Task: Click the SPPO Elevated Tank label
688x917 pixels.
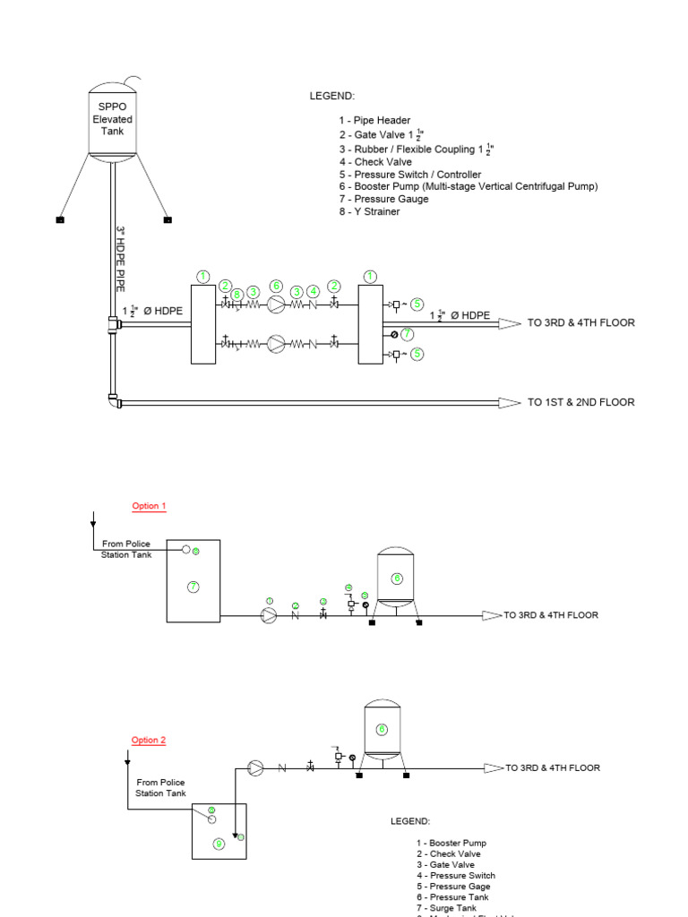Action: [x=112, y=119]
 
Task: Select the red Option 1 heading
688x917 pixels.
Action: [x=149, y=506]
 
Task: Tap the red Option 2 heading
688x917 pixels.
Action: [x=149, y=741]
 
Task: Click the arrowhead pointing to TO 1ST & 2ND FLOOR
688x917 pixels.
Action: [x=510, y=403]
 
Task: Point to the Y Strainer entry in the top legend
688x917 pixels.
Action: [x=369, y=211]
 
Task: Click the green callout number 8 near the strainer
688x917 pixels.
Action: [x=237, y=294]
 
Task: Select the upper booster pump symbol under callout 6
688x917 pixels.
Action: [x=276, y=304]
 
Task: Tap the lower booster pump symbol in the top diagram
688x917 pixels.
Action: [x=276, y=343]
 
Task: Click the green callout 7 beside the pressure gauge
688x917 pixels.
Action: [x=408, y=334]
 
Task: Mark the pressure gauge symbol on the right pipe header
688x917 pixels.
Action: [x=395, y=334]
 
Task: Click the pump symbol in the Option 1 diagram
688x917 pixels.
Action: [x=269, y=615]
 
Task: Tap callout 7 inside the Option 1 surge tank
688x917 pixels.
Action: [x=193, y=587]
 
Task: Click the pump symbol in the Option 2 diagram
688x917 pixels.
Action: [x=255, y=767]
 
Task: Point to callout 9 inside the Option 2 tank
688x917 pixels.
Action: [x=218, y=844]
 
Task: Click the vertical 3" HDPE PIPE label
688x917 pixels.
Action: [x=120, y=259]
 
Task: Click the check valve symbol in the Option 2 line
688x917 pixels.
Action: [x=281, y=767]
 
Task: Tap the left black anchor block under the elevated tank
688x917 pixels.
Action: [x=60, y=219]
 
